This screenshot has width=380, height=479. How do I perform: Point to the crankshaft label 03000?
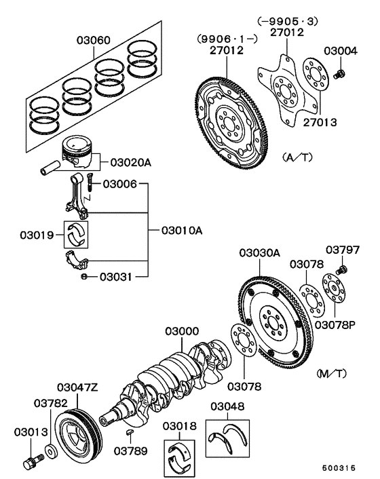[x=183, y=331]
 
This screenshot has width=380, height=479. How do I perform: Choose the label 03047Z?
[x=77, y=387]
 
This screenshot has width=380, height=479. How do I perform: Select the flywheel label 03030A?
[x=259, y=253]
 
